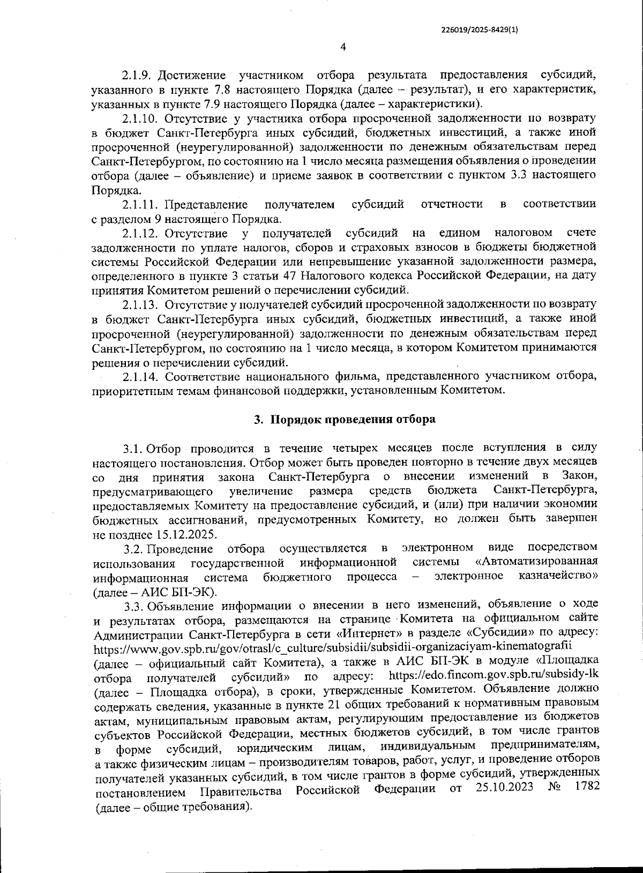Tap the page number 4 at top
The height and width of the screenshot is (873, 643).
(343, 47)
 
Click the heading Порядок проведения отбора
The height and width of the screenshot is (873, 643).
(352, 419)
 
